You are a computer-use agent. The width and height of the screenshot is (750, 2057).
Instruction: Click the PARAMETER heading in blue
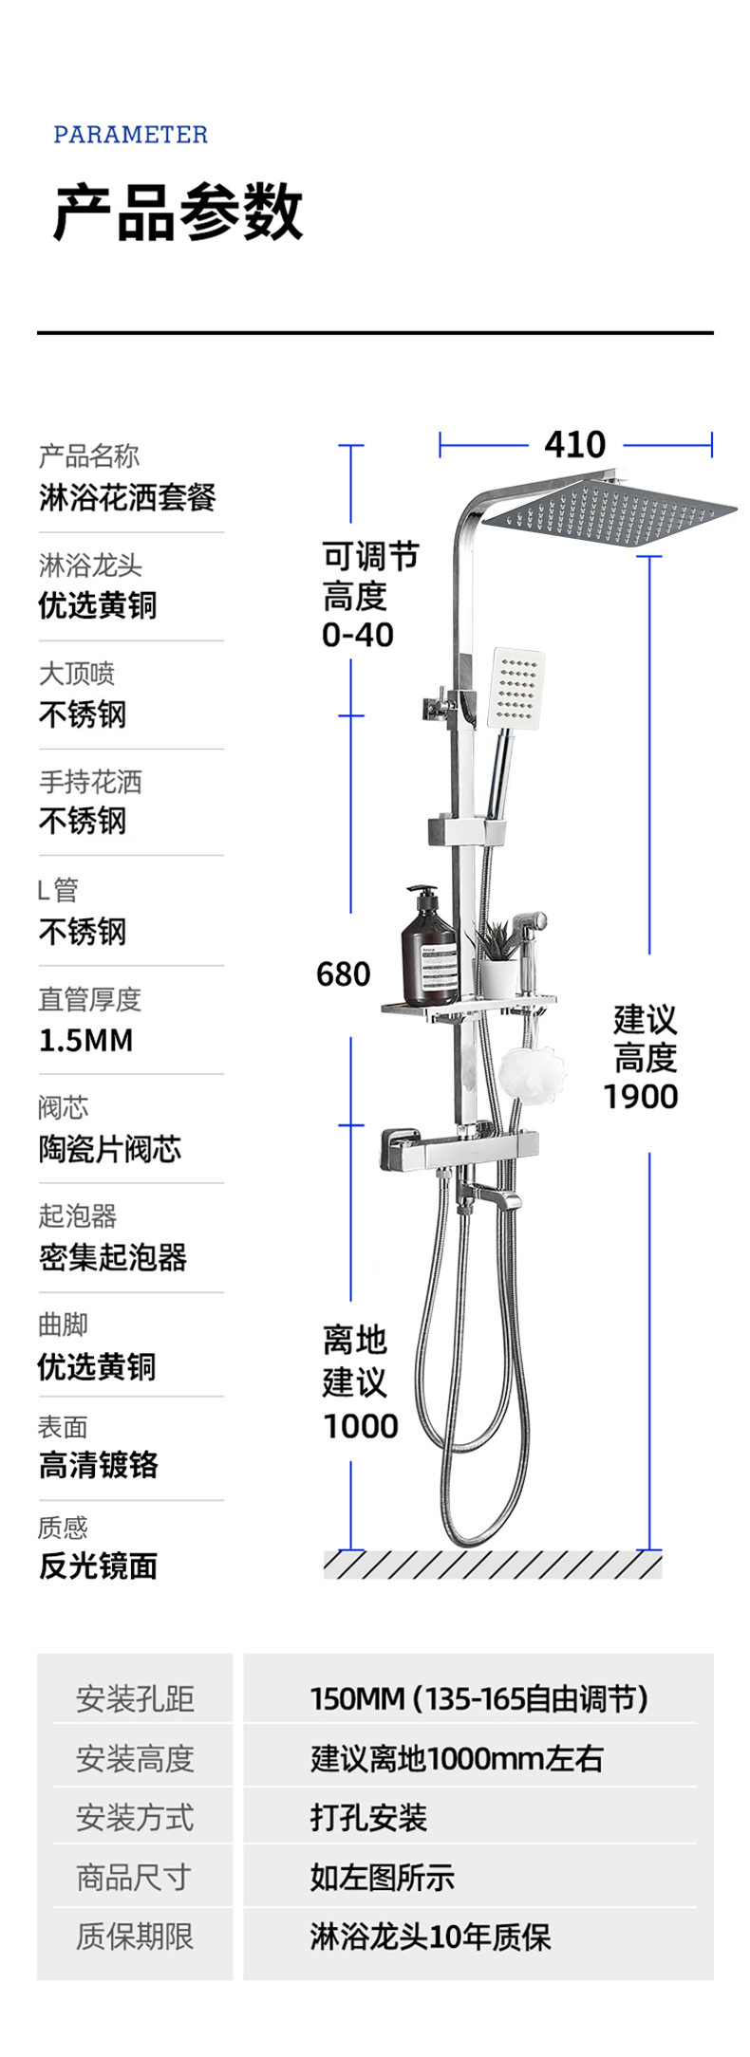coord(130,135)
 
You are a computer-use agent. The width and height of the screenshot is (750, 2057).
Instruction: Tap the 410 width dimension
coord(574,444)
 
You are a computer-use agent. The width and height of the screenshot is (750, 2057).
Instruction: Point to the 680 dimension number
coord(343,973)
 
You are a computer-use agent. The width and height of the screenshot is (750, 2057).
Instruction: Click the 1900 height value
coord(641,1097)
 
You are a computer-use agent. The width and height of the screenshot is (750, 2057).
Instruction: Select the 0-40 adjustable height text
coord(358,635)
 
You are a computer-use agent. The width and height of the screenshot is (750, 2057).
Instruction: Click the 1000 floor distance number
coord(360,1425)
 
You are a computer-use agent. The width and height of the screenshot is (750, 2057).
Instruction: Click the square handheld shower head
coord(516,688)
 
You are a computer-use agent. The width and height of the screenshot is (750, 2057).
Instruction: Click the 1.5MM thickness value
coord(85,1040)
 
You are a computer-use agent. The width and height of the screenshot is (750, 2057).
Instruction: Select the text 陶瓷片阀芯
coord(109,1149)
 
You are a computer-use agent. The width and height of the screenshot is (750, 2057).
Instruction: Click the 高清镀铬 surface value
coord(98,1464)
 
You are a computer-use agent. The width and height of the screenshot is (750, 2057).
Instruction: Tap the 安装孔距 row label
coord(135,1697)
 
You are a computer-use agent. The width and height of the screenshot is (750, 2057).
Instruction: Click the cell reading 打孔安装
coord(368,1817)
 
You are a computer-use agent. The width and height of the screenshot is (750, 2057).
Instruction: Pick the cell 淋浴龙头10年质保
coord(430,1937)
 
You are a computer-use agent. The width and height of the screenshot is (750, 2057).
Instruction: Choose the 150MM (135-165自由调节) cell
coord(478,1697)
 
